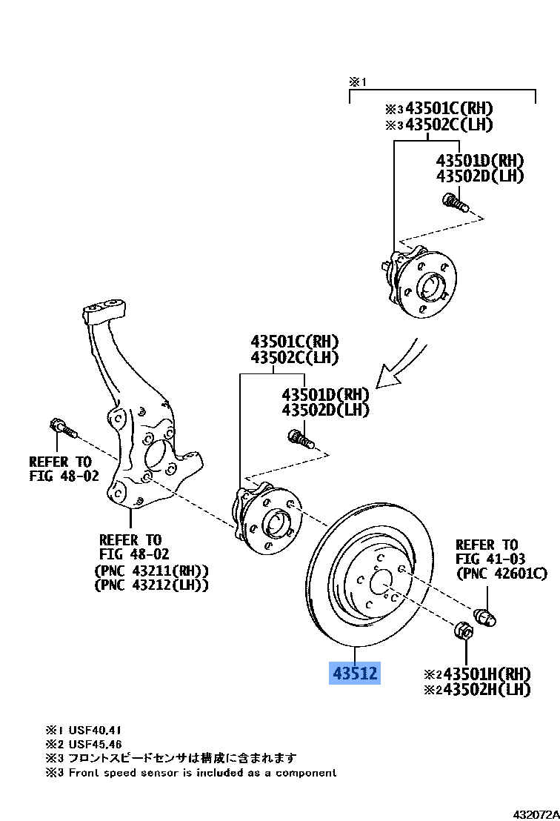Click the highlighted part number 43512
coord(355,673)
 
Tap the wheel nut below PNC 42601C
coord(484,616)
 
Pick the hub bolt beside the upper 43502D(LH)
coord(454,202)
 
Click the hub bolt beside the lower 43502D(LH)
coord(301,439)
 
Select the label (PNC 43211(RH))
coord(152,570)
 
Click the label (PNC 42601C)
coord(502,574)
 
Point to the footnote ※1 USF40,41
coord(84,730)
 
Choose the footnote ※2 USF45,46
coord(84,744)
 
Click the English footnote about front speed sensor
coord(191,773)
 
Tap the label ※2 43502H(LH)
coord(477,689)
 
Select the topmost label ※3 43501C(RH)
coord(439,108)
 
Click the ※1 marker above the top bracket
coord(358,82)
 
